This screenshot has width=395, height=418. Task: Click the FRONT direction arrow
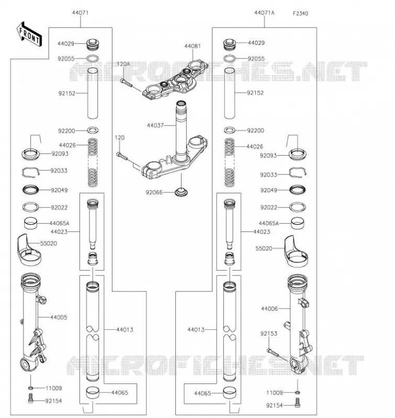point(29,35)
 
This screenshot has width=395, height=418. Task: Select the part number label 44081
point(193,46)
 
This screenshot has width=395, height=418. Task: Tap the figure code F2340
point(300,14)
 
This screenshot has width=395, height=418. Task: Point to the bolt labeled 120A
point(126,83)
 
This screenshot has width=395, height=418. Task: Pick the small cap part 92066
point(181,192)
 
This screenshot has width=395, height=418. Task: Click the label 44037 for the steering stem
point(155,125)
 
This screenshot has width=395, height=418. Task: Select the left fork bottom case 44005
point(33,322)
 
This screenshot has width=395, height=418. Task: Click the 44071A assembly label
point(264,13)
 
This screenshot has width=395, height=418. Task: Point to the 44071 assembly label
point(80,13)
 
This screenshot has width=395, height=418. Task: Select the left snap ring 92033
point(31,172)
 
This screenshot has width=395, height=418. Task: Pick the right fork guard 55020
point(296,251)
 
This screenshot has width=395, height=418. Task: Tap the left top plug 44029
point(93,44)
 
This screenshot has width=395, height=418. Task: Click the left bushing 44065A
point(31,224)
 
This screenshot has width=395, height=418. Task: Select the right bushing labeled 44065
point(230,392)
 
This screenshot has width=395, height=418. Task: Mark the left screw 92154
point(31,398)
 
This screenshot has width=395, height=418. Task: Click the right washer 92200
point(229,130)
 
